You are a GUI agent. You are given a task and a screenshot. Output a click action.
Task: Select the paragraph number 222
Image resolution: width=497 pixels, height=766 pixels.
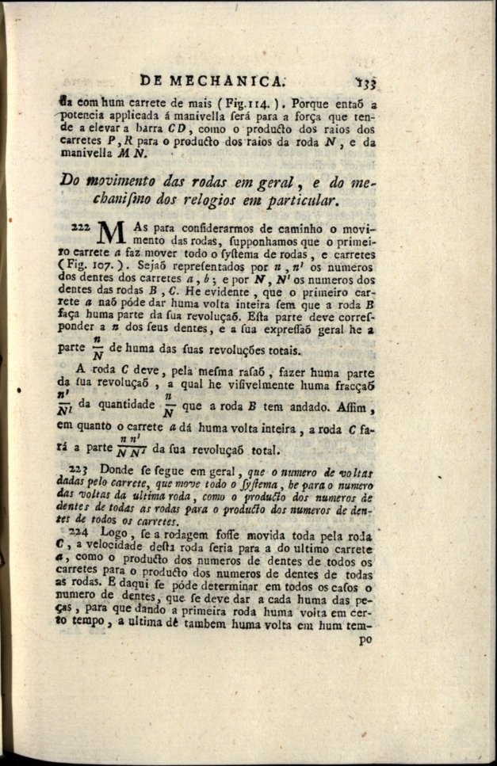point(82,227)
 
